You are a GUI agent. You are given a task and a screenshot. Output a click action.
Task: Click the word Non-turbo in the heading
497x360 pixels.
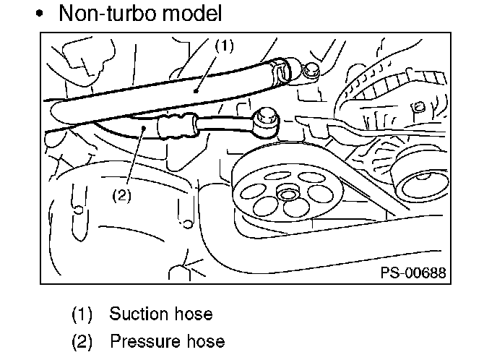tap(107, 13)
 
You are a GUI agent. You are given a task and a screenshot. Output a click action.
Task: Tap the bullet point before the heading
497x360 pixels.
tap(39, 14)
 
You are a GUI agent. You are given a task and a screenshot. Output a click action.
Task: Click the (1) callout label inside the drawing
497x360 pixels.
tap(225, 46)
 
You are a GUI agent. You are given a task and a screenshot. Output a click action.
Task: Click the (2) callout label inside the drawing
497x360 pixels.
tap(121, 195)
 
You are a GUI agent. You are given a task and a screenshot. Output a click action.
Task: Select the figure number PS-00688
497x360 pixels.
tap(413, 273)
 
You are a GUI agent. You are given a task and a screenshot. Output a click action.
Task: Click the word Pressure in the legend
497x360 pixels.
tap(142, 341)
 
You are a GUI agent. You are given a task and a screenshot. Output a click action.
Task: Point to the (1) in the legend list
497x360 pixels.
tap(82, 314)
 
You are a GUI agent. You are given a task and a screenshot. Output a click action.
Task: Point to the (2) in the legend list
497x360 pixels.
tap(82, 342)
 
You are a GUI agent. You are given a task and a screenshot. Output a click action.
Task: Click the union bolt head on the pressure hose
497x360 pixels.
tap(267, 119)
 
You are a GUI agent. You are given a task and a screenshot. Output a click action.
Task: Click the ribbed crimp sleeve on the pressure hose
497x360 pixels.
tap(177, 126)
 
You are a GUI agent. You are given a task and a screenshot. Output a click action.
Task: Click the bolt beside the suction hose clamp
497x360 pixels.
tap(311, 72)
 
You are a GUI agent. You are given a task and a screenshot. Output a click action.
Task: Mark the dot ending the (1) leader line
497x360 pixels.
tap(196, 91)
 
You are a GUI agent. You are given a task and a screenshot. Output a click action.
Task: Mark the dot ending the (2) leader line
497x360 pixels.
tap(144, 128)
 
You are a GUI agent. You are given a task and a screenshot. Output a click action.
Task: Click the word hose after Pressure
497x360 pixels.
tap(206, 341)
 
